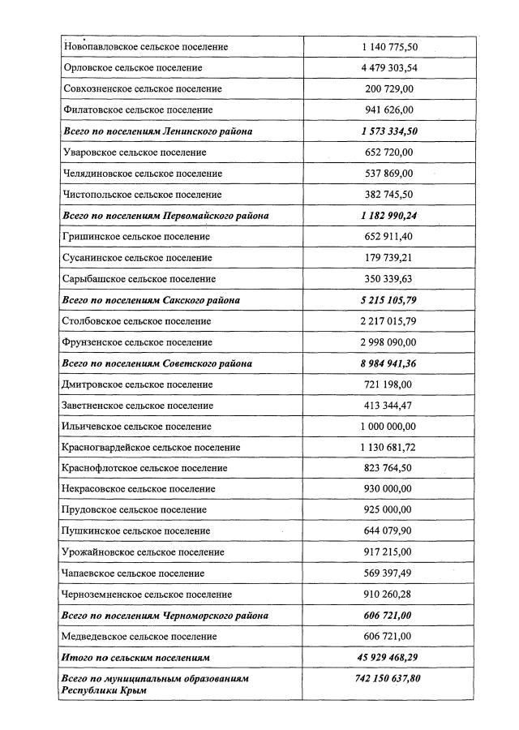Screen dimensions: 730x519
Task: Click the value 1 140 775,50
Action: (389, 47)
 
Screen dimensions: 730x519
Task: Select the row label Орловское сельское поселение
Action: (131, 68)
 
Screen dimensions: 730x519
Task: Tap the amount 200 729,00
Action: (389, 89)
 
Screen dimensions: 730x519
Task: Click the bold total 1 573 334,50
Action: (389, 131)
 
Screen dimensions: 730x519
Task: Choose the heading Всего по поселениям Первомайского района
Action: (165, 216)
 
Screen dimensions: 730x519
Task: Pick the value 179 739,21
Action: (389, 258)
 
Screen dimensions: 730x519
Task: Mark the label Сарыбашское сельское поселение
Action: (139, 279)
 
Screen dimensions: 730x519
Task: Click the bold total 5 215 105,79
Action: (389, 300)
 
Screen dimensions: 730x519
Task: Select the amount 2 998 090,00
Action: (389, 342)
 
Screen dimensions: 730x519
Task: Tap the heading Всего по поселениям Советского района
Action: (157, 363)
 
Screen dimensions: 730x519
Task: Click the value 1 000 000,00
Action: (389, 427)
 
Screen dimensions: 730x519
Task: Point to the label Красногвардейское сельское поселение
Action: (151, 448)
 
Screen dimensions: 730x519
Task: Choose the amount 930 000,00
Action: (389, 489)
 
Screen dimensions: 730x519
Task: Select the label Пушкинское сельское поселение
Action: (135, 531)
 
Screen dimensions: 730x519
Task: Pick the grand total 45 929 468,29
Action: (389, 658)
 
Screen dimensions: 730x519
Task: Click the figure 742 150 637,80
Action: (389, 678)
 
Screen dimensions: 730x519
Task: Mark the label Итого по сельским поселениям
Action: (135, 658)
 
